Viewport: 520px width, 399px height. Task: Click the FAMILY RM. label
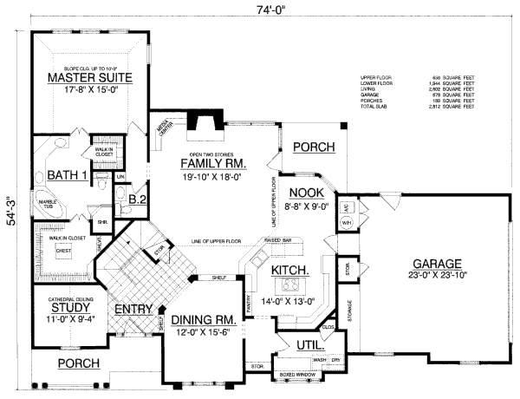coord(214,163)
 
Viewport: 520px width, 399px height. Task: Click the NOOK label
coord(307,192)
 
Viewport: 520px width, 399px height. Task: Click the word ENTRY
coord(130,307)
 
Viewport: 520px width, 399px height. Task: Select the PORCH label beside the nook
coord(312,147)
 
